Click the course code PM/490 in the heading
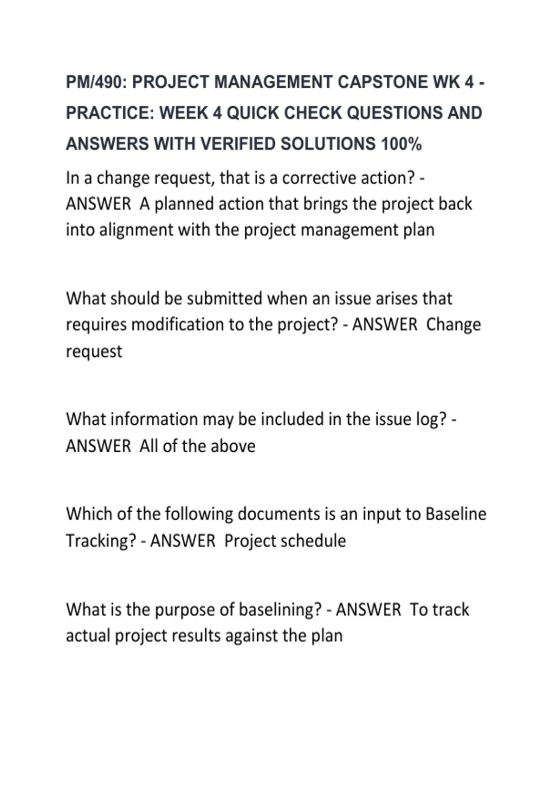tap(95, 82)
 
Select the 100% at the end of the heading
tap(402, 144)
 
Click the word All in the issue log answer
tap(149, 446)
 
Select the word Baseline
tap(456, 514)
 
